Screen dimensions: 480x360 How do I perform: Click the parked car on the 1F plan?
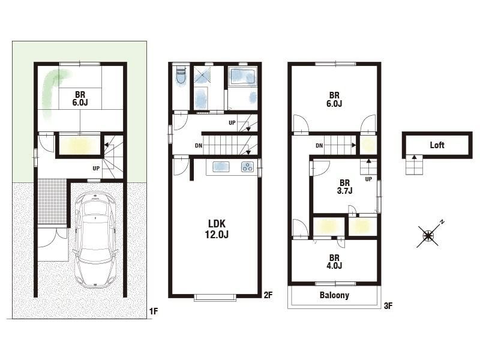tap(95, 239)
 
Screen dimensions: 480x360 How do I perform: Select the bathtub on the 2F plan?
tap(243, 77)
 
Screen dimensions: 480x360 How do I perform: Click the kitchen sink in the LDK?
tap(221, 167)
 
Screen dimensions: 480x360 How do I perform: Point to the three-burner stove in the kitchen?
tap(247, 167)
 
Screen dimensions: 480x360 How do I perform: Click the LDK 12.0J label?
tap(217, 229)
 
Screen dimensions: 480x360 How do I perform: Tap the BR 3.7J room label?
tap(344, 187)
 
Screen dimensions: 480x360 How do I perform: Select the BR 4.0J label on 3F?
tap(334, 262)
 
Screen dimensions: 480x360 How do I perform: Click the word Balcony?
tap(334, 295)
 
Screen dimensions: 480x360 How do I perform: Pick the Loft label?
tap(437, 145)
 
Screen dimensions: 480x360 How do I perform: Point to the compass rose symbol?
tap(428, 235)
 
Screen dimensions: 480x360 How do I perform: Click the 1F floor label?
tap(154, 311)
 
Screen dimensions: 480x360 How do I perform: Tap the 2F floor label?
tap(268, 295)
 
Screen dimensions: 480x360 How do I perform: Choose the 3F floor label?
tap(388, 305)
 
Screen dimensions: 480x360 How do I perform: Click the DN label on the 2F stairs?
tap(199, 146)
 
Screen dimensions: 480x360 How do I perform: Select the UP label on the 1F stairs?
tap(96, 169)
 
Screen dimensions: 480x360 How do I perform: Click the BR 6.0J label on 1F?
tap(80, 98)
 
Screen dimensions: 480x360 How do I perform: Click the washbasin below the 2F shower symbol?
tap(201, 98)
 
